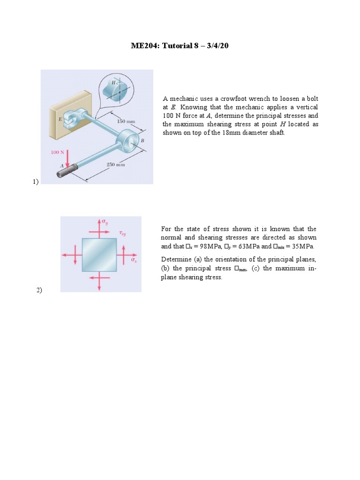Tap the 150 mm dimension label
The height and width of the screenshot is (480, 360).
126,121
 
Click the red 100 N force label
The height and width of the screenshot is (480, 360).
58,152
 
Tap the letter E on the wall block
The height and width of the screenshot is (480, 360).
60,119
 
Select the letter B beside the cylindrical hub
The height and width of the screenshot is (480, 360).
142,141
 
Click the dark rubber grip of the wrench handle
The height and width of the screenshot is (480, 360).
65,173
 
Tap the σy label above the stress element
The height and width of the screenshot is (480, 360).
105,221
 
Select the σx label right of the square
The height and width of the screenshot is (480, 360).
134,259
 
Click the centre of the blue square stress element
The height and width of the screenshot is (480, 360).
99,255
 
